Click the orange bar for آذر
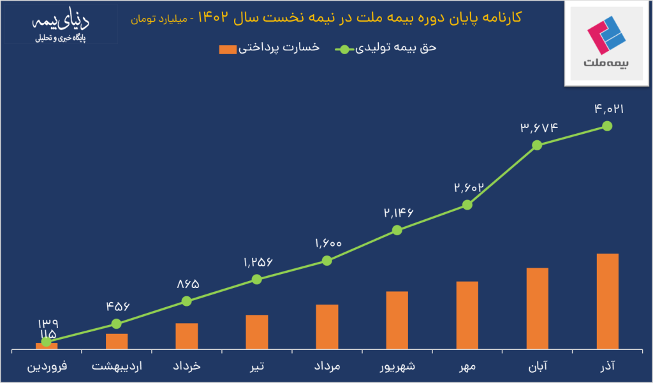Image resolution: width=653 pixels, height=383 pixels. point(607,302)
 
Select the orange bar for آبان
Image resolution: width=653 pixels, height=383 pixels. point(537,309)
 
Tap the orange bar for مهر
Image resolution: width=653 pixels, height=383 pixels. point(467,315)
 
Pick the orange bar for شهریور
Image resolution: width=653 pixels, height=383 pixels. point(397,321)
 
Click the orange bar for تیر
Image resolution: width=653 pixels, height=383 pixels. point(256,333)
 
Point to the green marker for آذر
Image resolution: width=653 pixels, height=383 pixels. point(607,126)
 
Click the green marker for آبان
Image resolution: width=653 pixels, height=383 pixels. point(537,145)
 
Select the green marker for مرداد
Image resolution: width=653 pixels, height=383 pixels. point(326,260)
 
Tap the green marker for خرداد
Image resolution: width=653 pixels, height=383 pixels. point(186,301)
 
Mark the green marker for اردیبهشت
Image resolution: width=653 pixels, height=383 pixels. point(116,324)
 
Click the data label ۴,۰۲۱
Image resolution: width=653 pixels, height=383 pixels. point(608,109)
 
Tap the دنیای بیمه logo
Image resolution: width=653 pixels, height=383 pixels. point(61,29)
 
